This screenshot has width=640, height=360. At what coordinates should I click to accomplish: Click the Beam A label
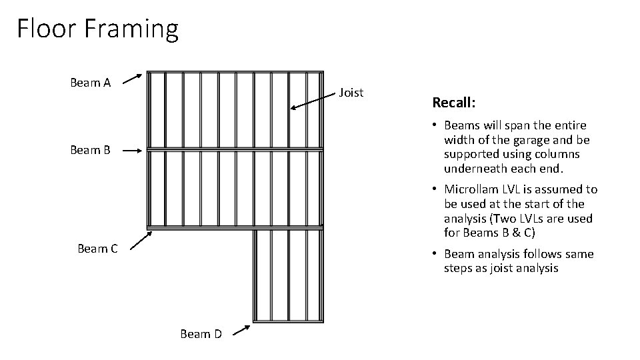90,83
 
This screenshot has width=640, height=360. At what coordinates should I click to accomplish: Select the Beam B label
90,150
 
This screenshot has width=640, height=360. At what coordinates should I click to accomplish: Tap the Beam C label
97,249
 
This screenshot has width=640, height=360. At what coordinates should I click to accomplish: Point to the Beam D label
201,334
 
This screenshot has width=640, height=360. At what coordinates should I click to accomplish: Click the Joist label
351,93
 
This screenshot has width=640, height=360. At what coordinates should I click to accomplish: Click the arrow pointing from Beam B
132,151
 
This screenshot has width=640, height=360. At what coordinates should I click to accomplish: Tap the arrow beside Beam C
141,241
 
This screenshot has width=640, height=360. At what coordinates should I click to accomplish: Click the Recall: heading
454,103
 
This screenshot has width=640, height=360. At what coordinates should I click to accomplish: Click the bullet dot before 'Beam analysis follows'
434,254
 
